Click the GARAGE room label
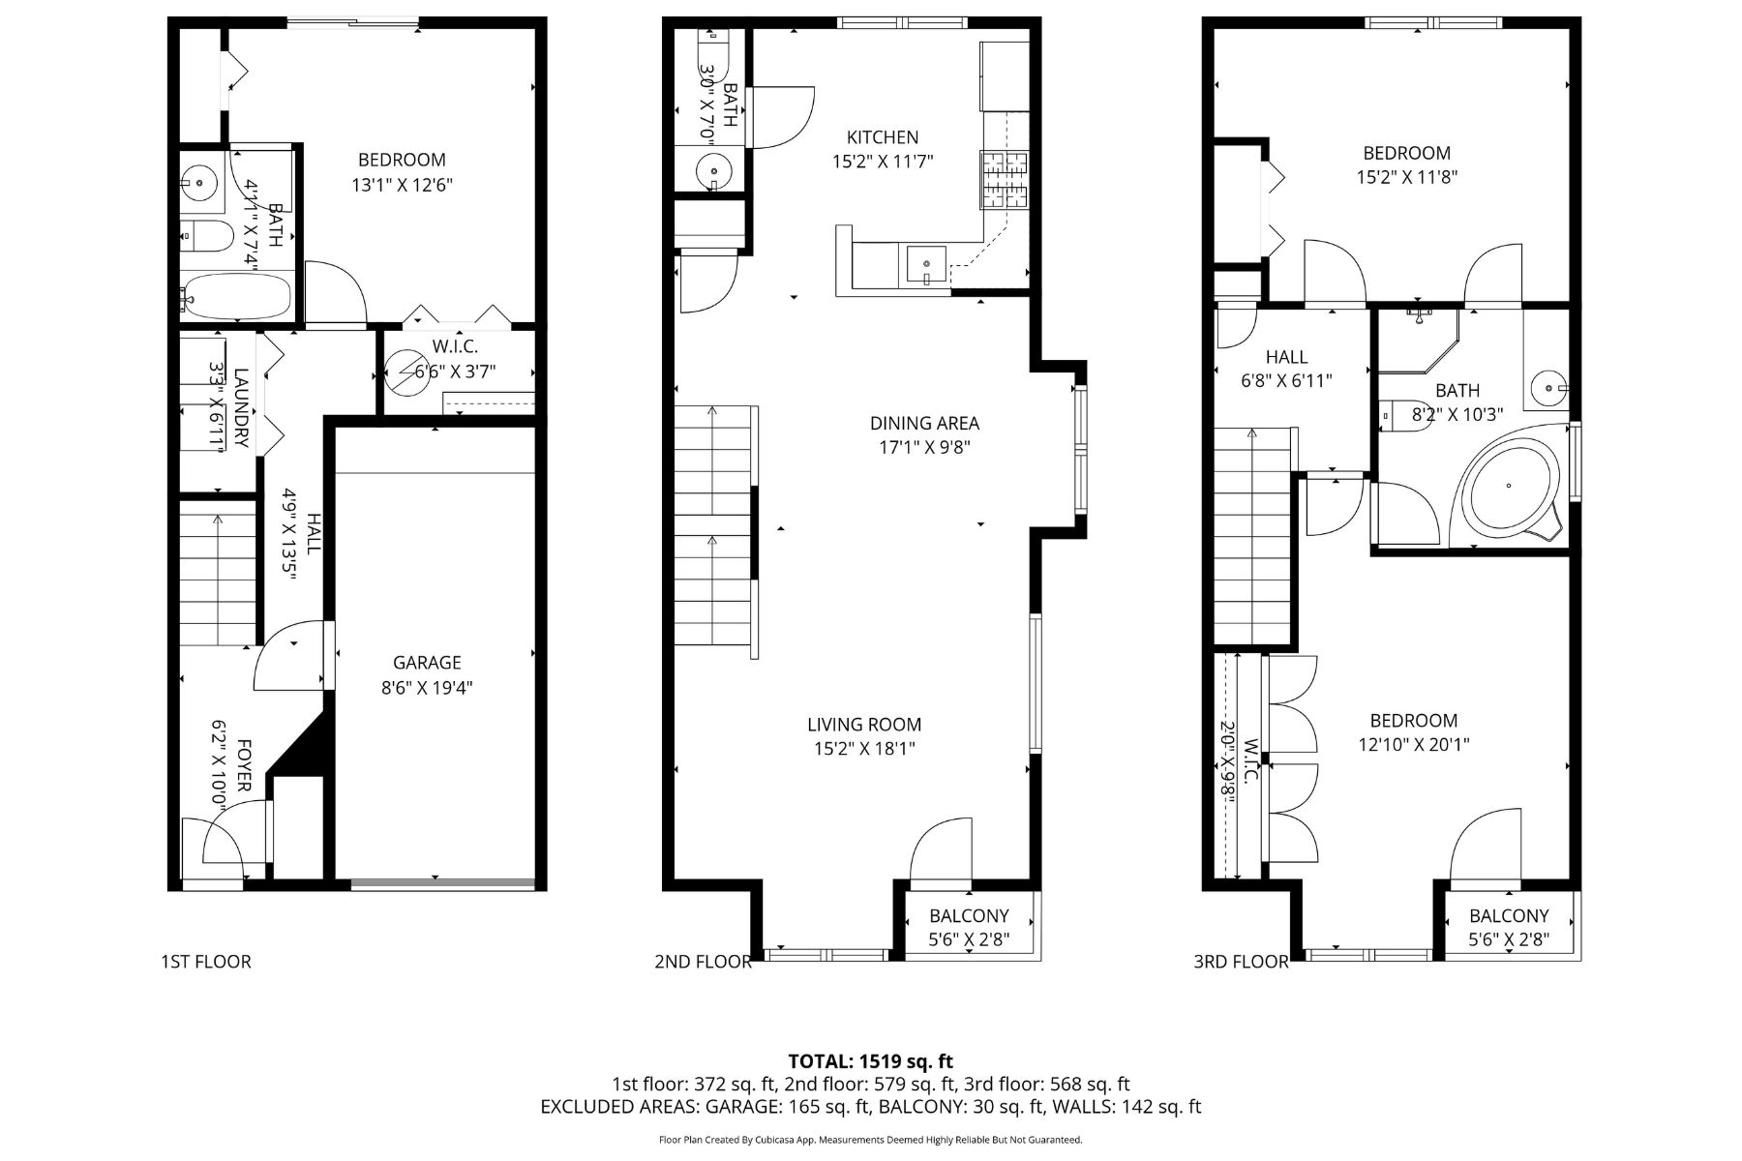click(x=427, y=663)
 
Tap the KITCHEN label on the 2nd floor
click(x=883, y=137)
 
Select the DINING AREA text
click(x=924, y=423)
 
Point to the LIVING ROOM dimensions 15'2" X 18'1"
click(x=864, y=748)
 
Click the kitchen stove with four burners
click(x=1006, y=180)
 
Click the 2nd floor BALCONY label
click(x=969, y=915)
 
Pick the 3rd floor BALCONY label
click(x=1509, y=915)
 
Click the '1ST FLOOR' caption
click(x=205, y=962)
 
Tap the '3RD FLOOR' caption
click(x=1241, y=962)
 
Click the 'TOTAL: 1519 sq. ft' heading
click(x=871, y=1061)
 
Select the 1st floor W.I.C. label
click(x=455, y=346)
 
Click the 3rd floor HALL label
click(x=1286, y=357)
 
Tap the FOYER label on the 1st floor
click(x=244, y=764)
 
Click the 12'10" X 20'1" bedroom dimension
click(x=1413, y=744)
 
